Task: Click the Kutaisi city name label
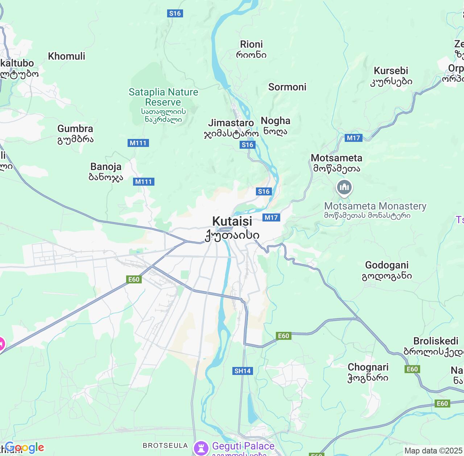tap(232, 221)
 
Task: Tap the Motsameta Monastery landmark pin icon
tap(344, 187)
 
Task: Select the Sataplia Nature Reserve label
tap(163, 97)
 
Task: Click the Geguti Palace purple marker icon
tap(200, 447)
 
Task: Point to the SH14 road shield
tap(243, 371)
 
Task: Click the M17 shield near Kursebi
tap(353, 138)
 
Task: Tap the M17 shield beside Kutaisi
tap(271, 218)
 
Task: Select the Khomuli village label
tap(67, 56)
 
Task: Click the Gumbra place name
tap(75, 129)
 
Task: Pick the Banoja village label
tap(106, 167)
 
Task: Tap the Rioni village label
tap(251, 45)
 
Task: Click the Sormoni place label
tap(287, 87)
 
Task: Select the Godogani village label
tap(386, 265)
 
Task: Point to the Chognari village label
tap(368, 367)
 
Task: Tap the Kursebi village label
tap(391, 71)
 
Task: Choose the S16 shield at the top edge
tap(175, 13)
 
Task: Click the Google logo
tap(24, 448)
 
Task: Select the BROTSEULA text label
tap(165, 446)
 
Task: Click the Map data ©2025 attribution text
tap(433, 451)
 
